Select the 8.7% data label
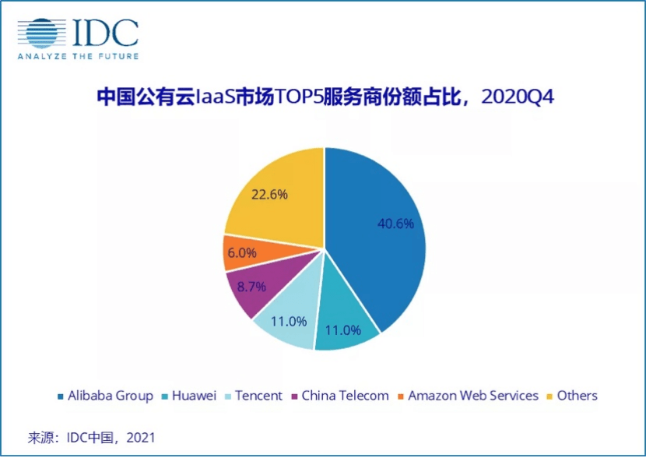point(251,286)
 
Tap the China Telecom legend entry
point(339,396)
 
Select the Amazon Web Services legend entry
point(467,396)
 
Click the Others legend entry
point(571,396)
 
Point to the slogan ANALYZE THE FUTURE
point(78,56)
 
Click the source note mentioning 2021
point(92,437)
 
